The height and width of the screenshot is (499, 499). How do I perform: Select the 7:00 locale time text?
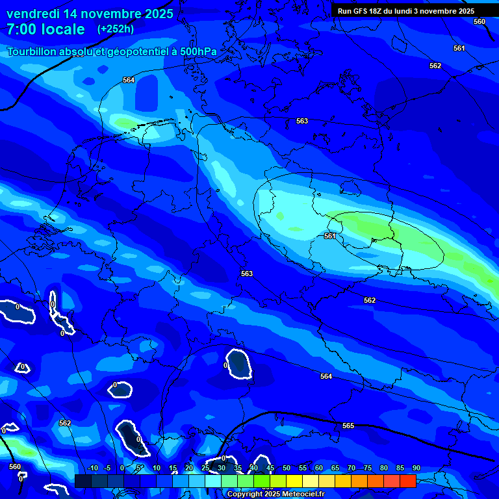click(x=45, y=29)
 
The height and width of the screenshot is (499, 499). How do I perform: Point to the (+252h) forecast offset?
click(x=116, y=29)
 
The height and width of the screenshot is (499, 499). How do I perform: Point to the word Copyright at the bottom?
click(x=246, y=494)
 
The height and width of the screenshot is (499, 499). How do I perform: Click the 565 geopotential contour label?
click(x=348, y=426)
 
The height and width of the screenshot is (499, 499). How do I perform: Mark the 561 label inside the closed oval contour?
click(x=330, y=236)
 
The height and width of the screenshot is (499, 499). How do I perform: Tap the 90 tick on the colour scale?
click(x=416, y=468)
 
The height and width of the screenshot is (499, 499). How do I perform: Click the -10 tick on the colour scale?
click(x=92, y=468)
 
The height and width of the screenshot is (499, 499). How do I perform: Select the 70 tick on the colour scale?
click(x=352, y=468)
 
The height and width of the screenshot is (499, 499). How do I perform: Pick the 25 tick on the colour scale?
click(x=205, y=468)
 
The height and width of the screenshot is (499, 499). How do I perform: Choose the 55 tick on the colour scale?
click(x=303, y=468)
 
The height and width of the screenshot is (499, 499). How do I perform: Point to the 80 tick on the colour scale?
click(x=384, y=468)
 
